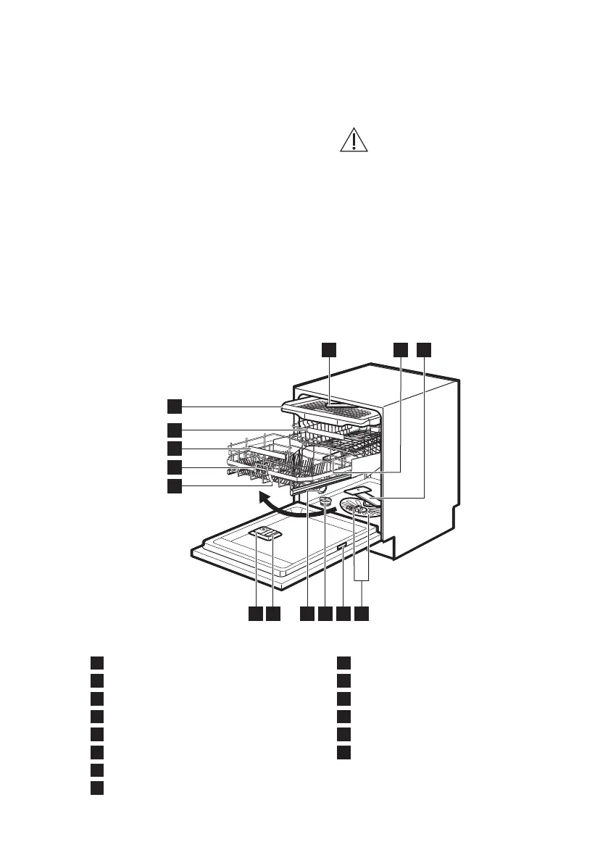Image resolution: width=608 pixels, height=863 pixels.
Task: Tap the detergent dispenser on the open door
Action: [x=265, y=534]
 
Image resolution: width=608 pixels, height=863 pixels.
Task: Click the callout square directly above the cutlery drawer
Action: [x=329, y=349]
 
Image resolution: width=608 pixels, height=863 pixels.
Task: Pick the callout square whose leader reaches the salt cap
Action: [x=325, y=613]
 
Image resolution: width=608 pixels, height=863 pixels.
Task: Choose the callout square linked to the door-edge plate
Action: [x=343, y=613]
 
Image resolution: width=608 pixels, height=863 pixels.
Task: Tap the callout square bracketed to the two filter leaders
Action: [x=362, y=613]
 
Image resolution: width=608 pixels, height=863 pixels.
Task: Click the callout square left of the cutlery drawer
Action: [x=175, y=404]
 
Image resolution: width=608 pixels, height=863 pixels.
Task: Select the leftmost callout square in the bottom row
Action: [x=254, y=613]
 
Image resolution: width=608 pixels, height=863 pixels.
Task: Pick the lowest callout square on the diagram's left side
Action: [x=175, y=485]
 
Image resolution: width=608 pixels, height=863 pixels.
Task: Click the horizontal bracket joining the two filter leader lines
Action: [x=362, y=580]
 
